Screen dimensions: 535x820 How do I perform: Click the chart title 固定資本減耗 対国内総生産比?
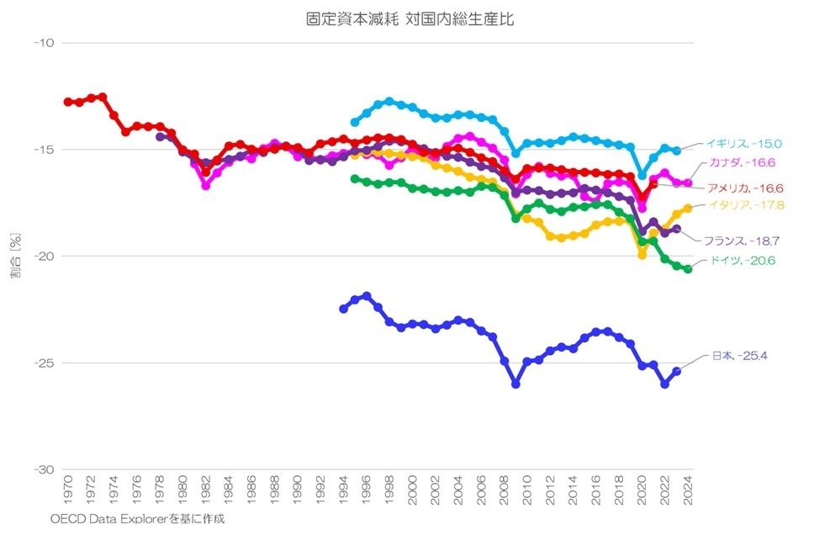(410, 19)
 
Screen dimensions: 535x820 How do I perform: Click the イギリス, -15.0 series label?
(744, 144)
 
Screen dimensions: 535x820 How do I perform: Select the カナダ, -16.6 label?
(740, 162)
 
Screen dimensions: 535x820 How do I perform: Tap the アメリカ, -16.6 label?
(746, 188)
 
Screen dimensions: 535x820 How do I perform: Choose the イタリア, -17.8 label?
(744, 204)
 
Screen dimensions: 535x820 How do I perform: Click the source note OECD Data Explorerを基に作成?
(138, 519)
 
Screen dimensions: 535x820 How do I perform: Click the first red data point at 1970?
(68, 102)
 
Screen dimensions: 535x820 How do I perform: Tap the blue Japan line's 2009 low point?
(516, 384)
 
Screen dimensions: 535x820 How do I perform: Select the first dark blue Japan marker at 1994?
(343, 309)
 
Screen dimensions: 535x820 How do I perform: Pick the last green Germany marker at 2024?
(688, 269)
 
